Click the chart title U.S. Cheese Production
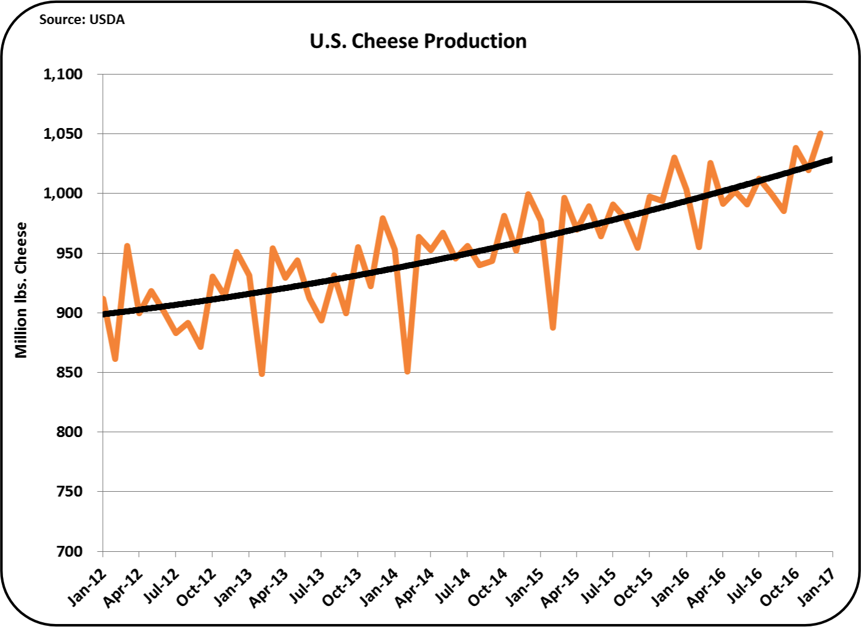tap(418, 41)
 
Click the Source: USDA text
tap(82, 19)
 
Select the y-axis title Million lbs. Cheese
tap(22, 290)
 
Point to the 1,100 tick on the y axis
tap(63, 74)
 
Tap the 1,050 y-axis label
tap(63, 133)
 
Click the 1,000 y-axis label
tap(63, 193)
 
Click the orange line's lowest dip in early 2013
tap(262, 373)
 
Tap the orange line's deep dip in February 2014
tap(408, 372)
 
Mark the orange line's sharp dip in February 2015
tap(553, 327)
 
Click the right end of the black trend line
tap(831, 159)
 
